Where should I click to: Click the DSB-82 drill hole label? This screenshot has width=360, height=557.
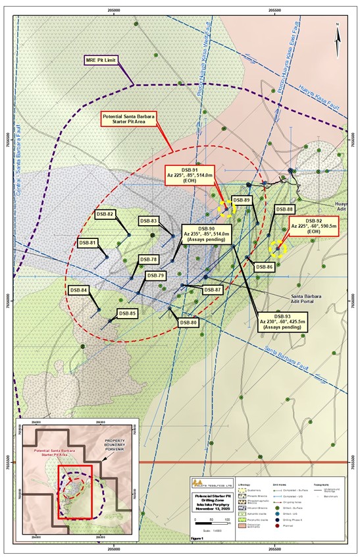105,214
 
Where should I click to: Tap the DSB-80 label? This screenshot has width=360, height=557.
189,323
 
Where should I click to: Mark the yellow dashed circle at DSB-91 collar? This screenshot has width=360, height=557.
226,209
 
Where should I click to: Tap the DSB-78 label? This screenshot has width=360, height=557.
149,259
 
